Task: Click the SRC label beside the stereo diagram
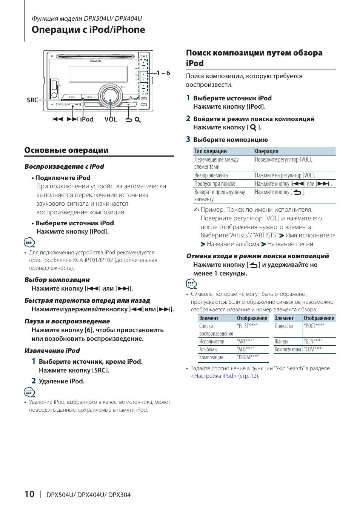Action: pyautogui.click(x=32, y=100)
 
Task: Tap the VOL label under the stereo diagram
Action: pyautogui.click(x=111, y=119)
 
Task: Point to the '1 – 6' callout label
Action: pyautogui.click(x=163, y=73)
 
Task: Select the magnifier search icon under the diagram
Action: pyautogui.click(x=138, y=120)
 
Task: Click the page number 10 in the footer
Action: pyautogui.click(x=29, y=494)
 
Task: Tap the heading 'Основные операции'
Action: pyautogui.click(x=66, y=150)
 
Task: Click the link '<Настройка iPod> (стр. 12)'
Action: pyautogui.click(x=225, y=376)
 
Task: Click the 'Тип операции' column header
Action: pyautogui.click(x=211, y=151)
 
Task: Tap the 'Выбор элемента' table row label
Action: pyautogui.click(x=211, y=175)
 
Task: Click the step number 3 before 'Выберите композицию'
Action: pyautogui.click(x=188, y=139)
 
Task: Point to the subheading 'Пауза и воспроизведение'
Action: pyautogui.click(x=67, y=321)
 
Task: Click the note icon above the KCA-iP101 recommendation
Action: pyautogui.click(x=29, y=242)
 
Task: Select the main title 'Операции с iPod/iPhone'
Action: pyautogui.click(x=88, y=30)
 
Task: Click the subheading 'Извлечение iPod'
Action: pyautogui.click(x=52, y=351)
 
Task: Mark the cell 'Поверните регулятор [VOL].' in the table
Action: pyautogui.click(x=283, y=160)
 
